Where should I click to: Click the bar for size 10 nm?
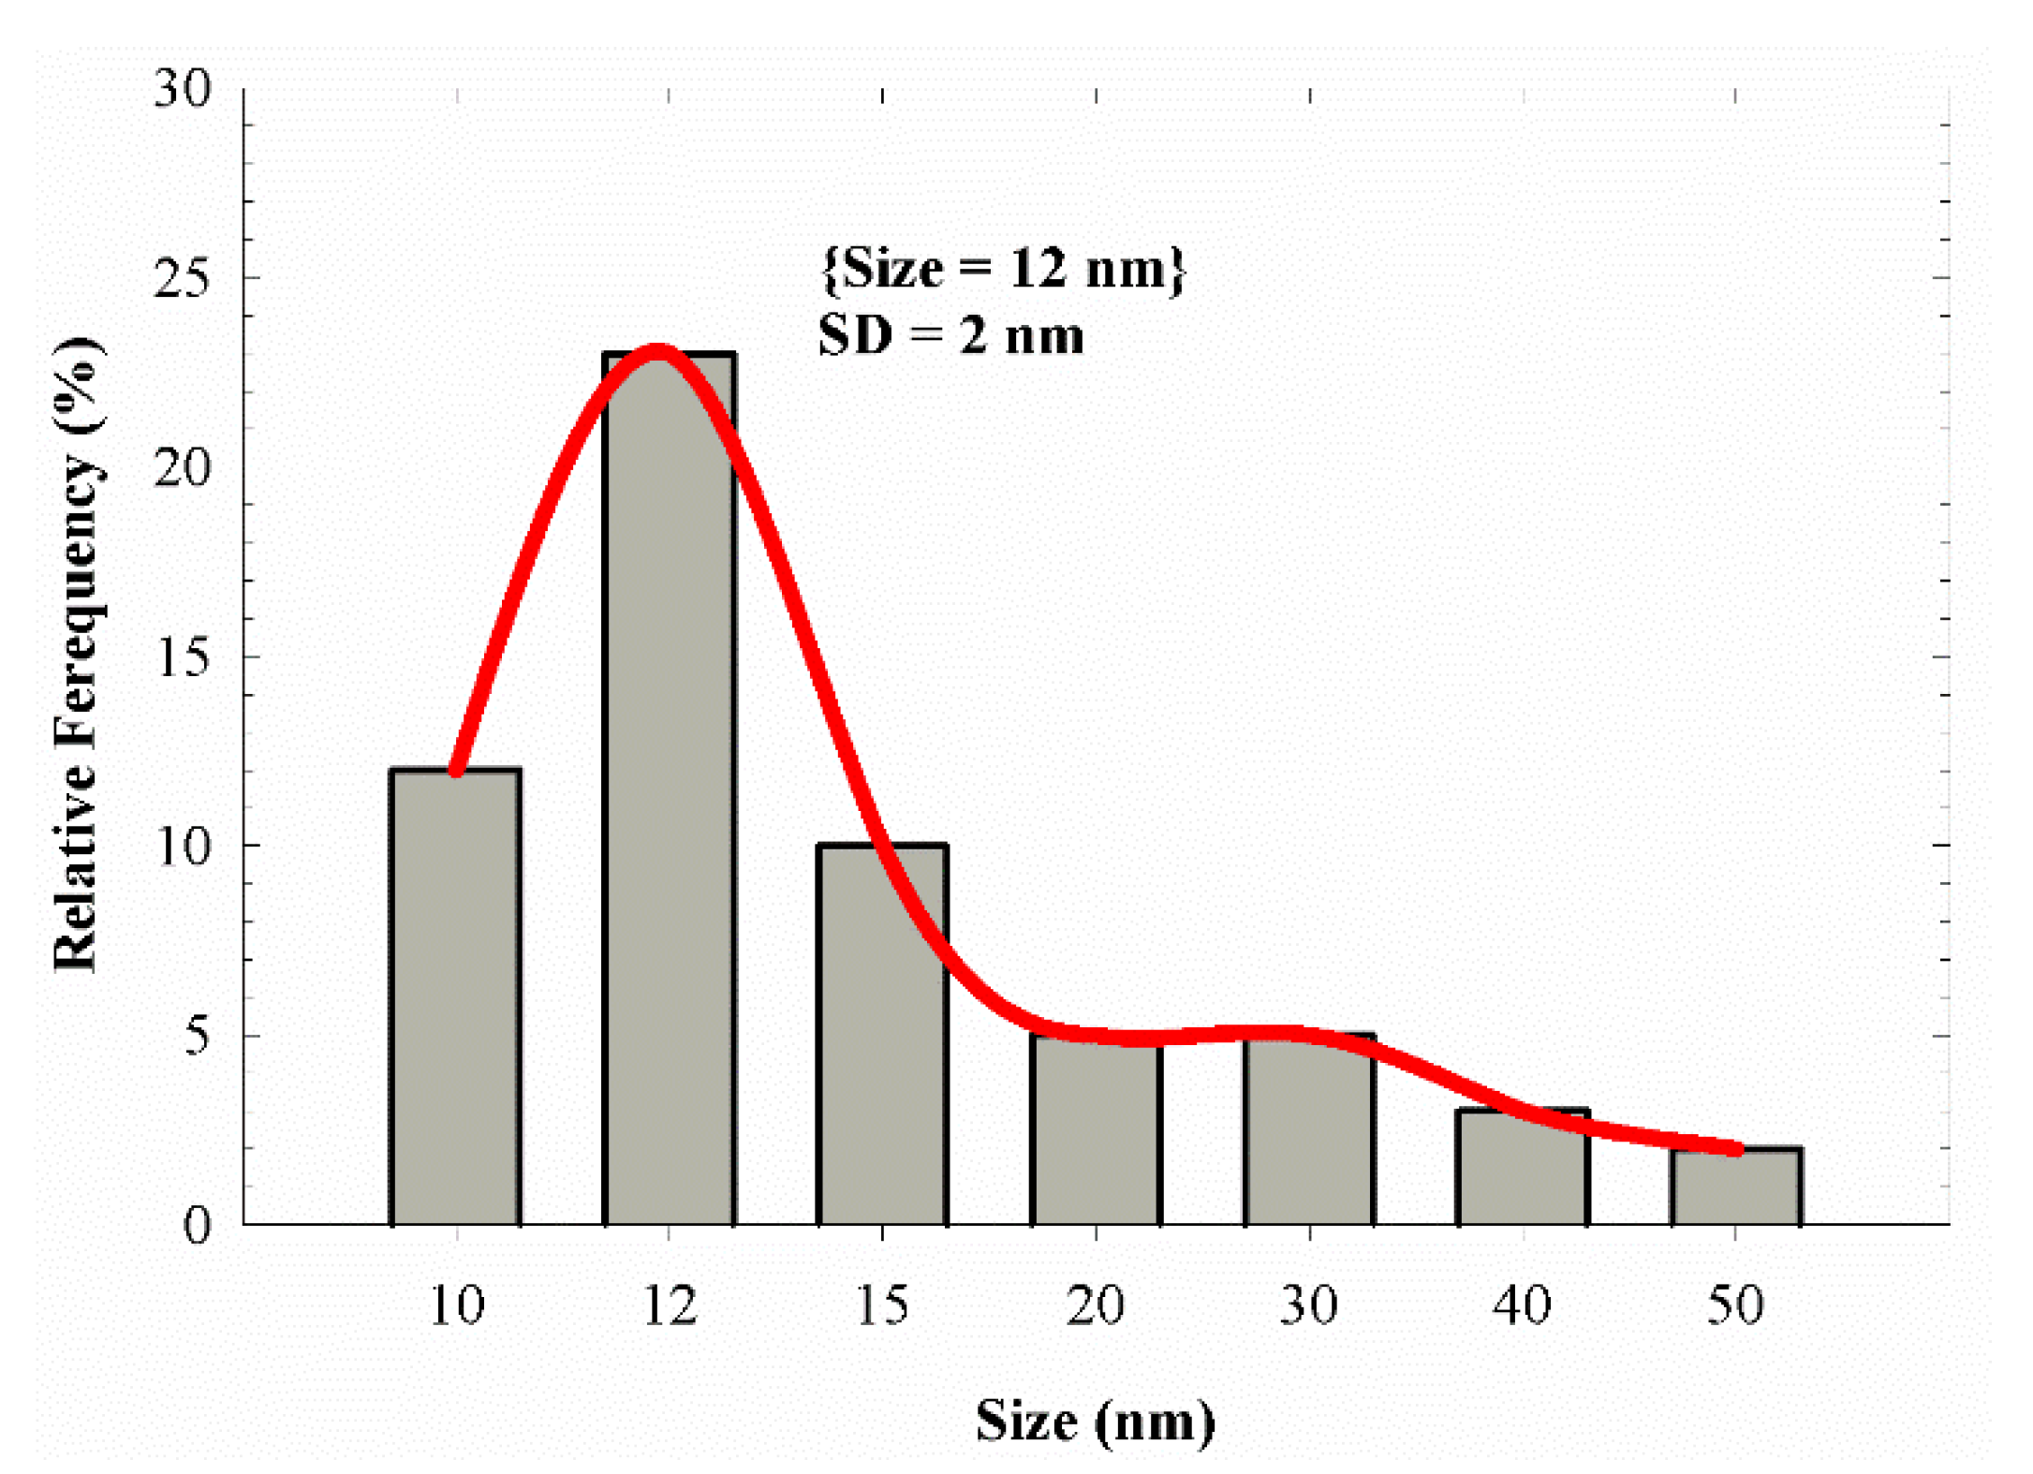coord(456,997)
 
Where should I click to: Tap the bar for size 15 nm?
coord(882,1035)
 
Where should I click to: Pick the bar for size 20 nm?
coord(1096,1133)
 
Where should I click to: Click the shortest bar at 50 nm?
coord(1736,1187)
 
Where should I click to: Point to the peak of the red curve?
coord(659,352)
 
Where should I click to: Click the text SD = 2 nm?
coord(951,336)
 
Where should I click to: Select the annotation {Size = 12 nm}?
coord(1003,269)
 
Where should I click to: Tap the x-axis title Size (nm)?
coord(1095,1421)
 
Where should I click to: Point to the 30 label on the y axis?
coord(184,89)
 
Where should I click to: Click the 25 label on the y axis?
coord(183,278)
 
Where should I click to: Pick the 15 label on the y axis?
coord(184,656)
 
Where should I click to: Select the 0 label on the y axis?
coord(197,1225)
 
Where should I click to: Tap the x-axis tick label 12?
coord(670,1305)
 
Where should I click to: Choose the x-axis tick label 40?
coord(1522,1305)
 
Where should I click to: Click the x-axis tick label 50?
coord(1735,1305)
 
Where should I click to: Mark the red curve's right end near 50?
coord(1734,1149)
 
